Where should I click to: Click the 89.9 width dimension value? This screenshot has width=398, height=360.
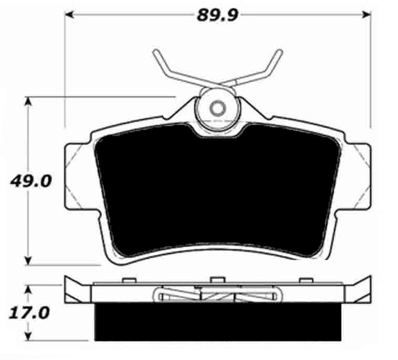(x=217, y=14)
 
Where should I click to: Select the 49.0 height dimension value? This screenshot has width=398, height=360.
(x=26, y=181)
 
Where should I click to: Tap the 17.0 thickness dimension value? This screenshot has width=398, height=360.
(x=26, y=313)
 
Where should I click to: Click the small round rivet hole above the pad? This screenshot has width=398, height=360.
(x=217, y=108)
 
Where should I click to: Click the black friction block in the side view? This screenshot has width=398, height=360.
(x=217, y=321)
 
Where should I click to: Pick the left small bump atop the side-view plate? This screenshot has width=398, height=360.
(x=128, y=281)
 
